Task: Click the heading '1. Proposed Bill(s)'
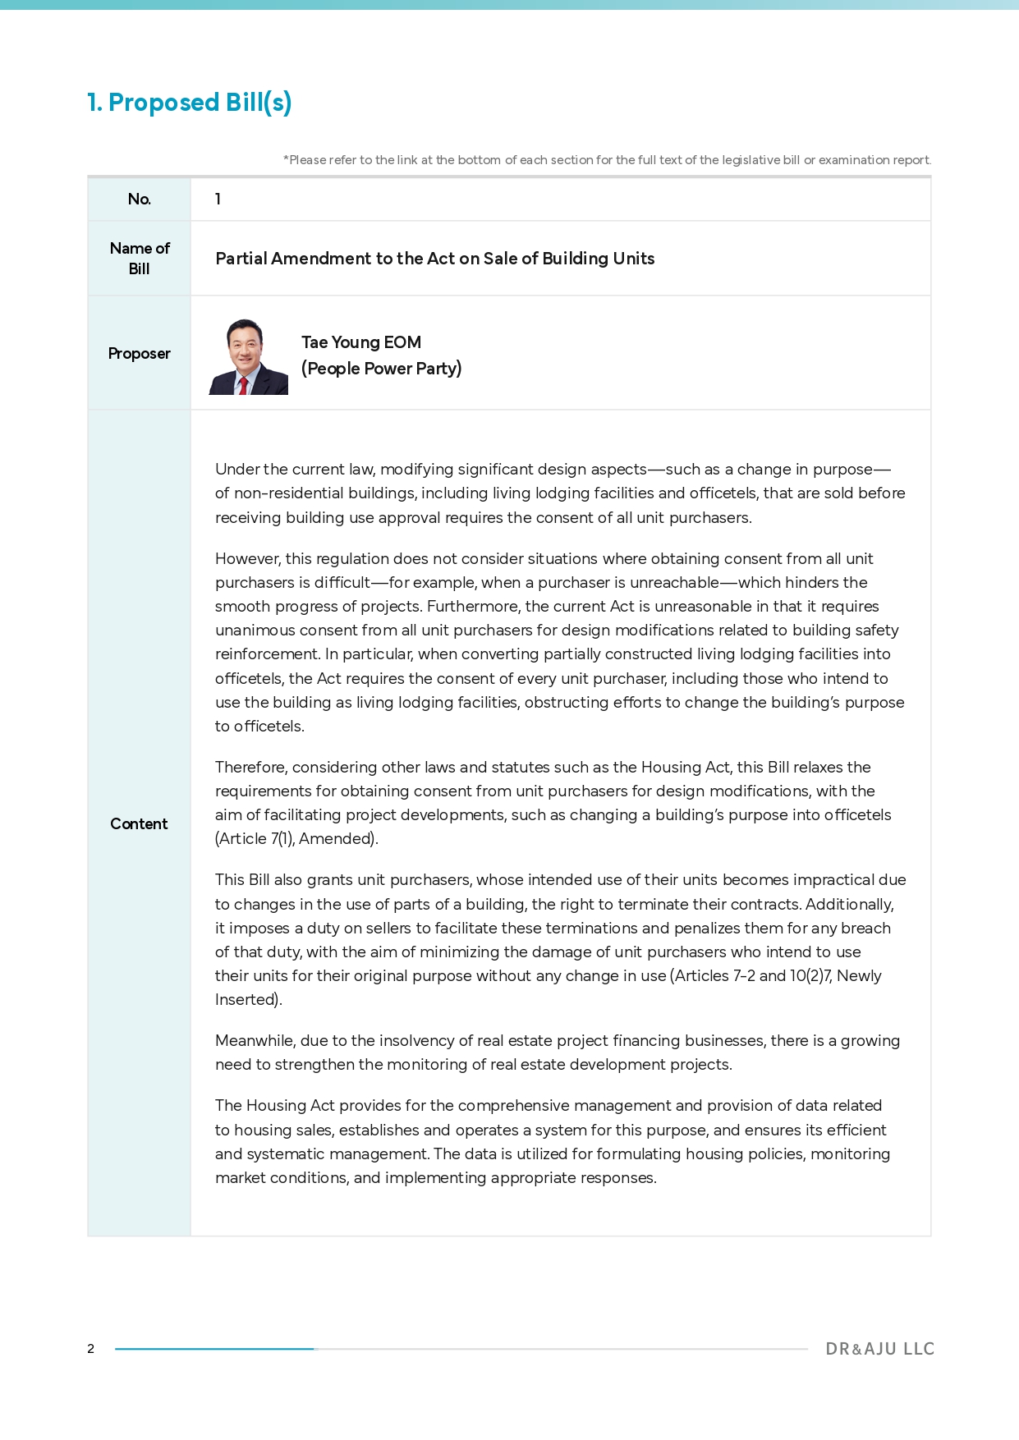(190, 103)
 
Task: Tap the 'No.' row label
(140, 199)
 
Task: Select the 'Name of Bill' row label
(140, 259)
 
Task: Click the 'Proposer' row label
(140, 354)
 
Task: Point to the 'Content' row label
(139, 824)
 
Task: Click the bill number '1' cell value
(218, 199)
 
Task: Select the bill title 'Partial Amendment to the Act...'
(435, 259)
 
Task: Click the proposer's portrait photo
(248, 357)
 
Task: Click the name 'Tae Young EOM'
(361, 342)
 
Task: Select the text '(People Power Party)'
(381, 369)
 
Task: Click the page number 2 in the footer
(91, 1349)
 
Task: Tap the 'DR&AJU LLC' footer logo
(880, 1349)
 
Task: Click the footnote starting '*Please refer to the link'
(607, 160)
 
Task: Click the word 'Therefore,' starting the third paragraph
(251, 768)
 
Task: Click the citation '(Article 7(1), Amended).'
(296, 839)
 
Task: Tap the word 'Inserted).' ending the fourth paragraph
(249, 1000)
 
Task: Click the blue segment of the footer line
(214, 1349)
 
